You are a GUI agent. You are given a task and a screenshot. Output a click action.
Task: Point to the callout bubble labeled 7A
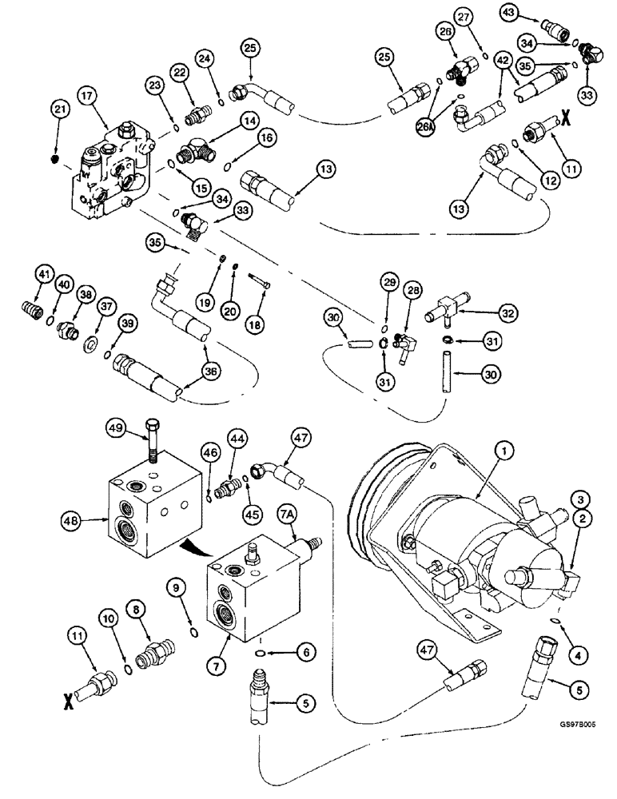287,508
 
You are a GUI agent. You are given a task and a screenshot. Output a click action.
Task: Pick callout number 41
45,276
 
